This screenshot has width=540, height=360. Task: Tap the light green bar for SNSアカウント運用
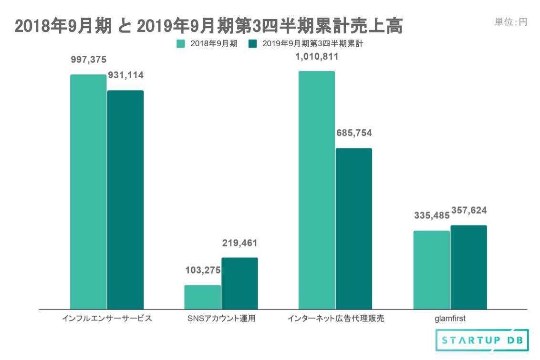202,297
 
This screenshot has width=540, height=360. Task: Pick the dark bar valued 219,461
239,283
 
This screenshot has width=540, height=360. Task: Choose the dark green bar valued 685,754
353,228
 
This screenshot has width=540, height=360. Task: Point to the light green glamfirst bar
431,270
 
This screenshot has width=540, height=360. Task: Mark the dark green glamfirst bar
468,267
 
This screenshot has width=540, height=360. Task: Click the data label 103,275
203,270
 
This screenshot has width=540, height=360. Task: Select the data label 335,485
431,216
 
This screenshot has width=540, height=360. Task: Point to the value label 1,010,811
317,57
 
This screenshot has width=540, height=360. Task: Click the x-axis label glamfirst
450,319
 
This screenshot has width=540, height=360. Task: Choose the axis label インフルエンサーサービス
107,319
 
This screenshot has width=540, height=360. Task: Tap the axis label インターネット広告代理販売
336,319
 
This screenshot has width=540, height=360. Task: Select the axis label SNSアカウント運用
221,319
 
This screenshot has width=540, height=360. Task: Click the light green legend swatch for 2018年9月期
181,44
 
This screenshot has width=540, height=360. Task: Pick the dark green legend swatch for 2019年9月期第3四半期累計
253,44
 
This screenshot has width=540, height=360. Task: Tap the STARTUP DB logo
482,340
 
